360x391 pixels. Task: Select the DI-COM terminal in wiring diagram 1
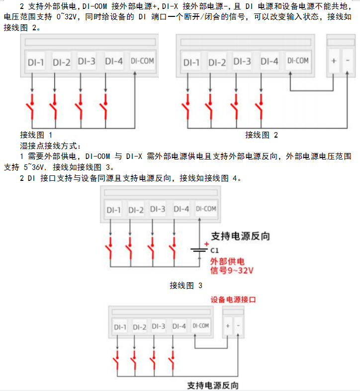pos(142,61)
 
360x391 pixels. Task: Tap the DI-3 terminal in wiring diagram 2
pos(242,62)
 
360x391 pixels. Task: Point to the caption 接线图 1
pos(36,135)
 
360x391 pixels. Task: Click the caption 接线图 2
pos(262,135)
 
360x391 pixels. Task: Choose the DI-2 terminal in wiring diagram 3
pos(136,210)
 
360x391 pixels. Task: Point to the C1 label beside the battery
pos(215,251)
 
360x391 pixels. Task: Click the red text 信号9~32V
pos(232,271)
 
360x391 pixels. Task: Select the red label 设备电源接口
pos(234,300)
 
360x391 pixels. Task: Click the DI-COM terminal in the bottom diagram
pos(200,326)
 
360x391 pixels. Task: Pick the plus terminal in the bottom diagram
pos(228,326)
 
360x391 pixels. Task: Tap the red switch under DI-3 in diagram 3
pos(152,245)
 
